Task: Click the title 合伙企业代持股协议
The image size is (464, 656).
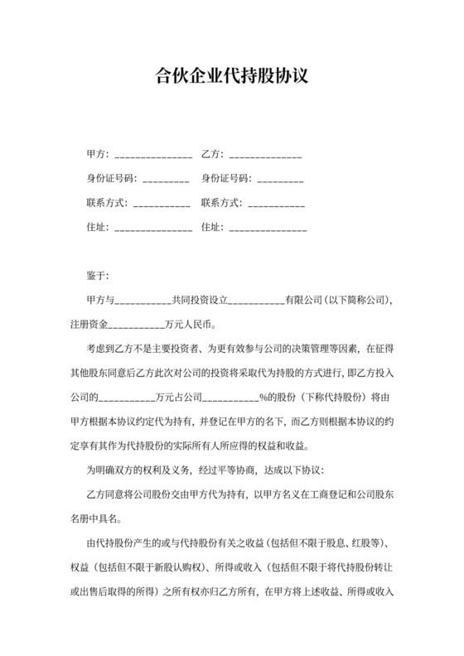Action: click(x=232, y=78)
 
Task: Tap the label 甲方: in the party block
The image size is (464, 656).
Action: click(x=97, y=155)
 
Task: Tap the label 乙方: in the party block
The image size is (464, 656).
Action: click(x=212, y=155)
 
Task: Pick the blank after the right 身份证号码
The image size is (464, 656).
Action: click(x=280, y=179)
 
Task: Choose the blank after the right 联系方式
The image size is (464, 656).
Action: click(x=276, y=203)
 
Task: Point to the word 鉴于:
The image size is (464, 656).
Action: click(x=97, y=275)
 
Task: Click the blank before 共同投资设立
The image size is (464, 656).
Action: click(x=141, y=299)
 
